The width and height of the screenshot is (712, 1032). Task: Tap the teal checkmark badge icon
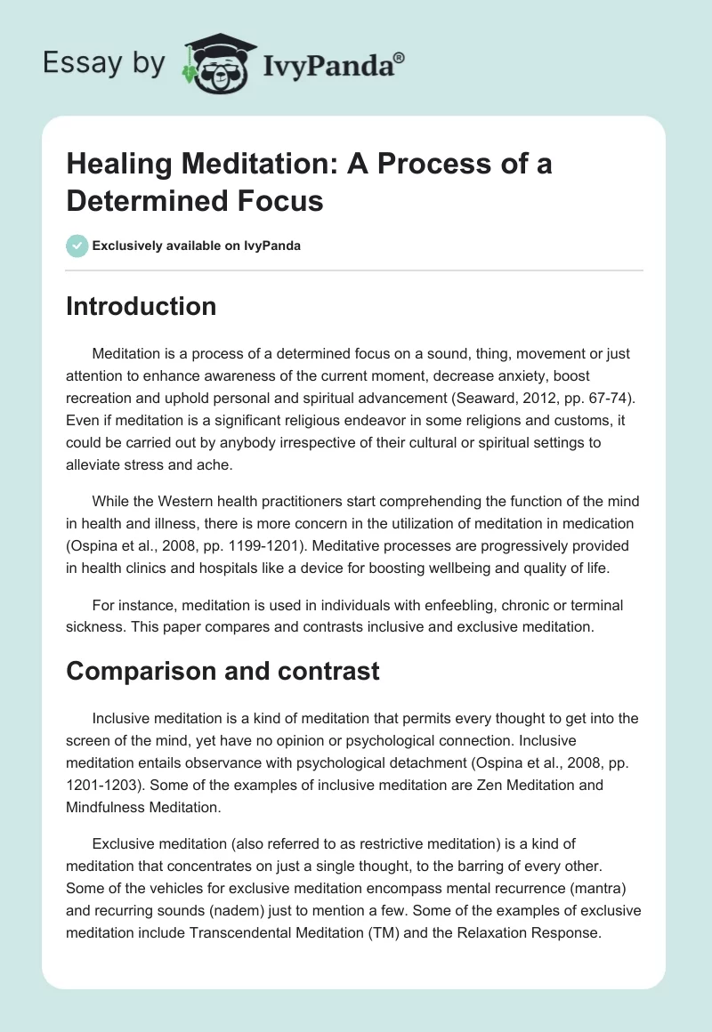[x=77, y=246]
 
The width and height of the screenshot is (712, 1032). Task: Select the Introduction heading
[x=142, y=306]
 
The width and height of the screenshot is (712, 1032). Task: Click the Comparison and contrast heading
[x=222, y=670]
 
